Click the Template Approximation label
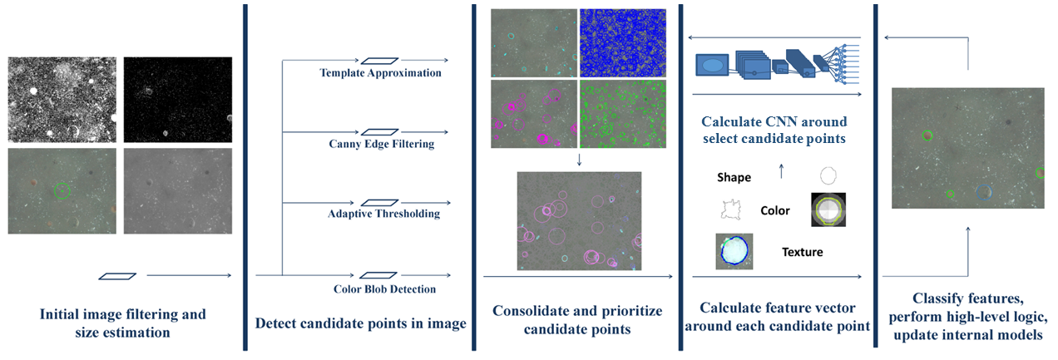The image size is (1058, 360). (380, 73)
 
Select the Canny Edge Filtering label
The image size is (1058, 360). (381, 144)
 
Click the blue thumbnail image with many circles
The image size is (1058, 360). (622, 42)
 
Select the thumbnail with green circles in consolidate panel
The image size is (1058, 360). (622, 114)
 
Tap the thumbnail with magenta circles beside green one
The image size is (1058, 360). (533, 114)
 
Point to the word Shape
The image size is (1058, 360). (734, 177)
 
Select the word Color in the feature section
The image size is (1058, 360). (775, 210)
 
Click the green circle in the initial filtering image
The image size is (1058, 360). (62, 190)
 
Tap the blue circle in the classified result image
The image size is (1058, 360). (984, 192)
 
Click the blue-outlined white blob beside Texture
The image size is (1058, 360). (734, 251)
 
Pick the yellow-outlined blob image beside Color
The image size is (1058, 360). (828, 210)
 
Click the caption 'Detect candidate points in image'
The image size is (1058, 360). (360, 323)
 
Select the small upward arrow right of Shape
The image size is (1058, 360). (780, 172)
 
